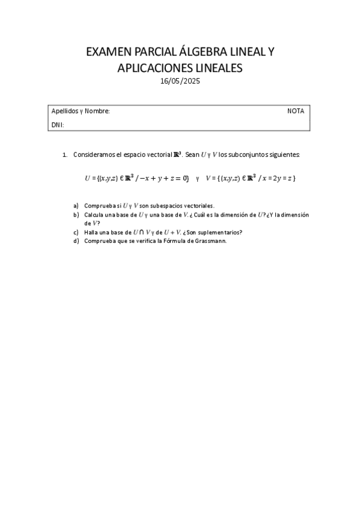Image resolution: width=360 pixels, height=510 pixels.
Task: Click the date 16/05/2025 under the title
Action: point(180,81)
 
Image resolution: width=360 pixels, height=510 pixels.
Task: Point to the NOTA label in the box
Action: point(296,111)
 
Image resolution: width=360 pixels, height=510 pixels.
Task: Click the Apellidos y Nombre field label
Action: point(81,111)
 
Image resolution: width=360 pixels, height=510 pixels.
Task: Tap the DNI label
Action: point(58,125)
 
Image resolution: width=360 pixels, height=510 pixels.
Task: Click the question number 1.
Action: point(64,155)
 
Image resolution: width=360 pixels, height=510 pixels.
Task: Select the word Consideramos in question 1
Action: point(93,155)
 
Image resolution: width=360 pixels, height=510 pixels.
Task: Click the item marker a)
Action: point(76,205)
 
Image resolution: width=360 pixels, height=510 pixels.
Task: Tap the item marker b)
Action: point(76,214)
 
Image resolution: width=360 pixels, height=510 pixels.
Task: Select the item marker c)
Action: point(76,232)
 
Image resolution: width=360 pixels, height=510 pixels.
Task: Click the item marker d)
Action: point(76,241)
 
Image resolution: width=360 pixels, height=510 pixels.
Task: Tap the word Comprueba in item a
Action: point(99,205)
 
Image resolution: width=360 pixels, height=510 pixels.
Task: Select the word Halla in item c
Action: point(91,232)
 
